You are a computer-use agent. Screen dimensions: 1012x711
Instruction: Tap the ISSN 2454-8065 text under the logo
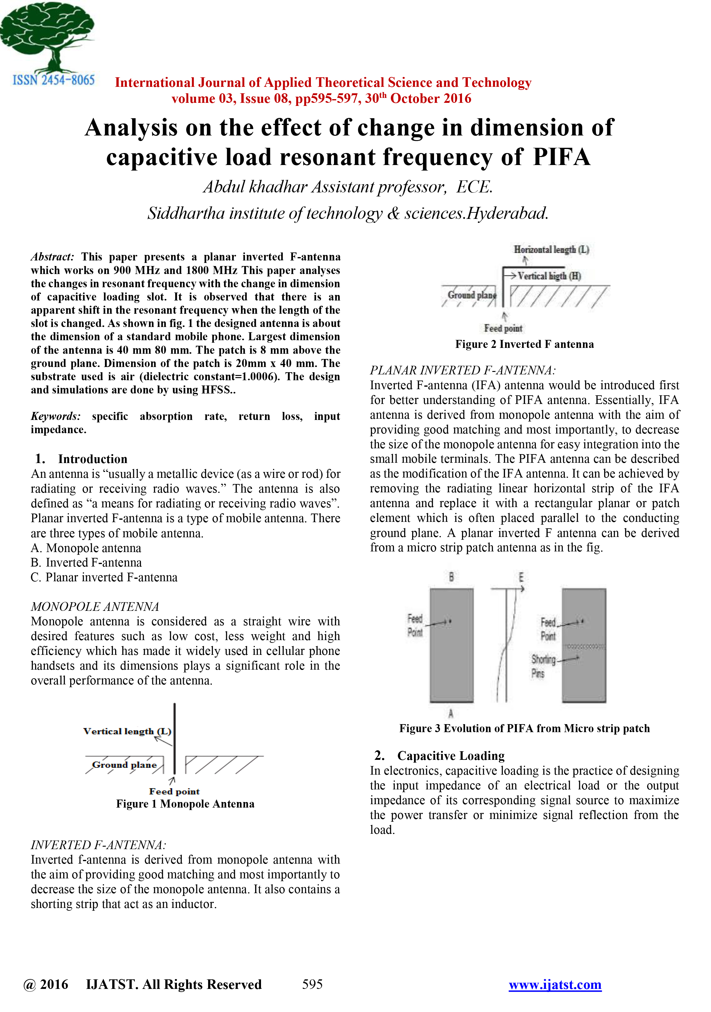pos(53,80)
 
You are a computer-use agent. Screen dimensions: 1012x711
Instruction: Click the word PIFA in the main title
pos(561,157)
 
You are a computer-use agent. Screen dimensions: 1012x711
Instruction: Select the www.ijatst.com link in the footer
pos(555,984)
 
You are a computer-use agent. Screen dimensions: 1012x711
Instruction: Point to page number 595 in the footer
pos(312,984)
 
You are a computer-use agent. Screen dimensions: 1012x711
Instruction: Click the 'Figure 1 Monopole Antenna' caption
pos(185,804)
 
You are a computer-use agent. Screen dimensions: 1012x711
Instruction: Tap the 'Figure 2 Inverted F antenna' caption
pos(524,344)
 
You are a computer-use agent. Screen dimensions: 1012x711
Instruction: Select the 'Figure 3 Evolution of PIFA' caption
pos(524,728)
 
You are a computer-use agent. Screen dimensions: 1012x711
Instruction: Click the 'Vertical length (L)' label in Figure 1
pos(127,731)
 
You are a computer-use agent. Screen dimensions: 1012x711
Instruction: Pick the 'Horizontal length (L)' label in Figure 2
pos(551,249)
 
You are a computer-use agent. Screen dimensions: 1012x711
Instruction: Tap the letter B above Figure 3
pos(451,577)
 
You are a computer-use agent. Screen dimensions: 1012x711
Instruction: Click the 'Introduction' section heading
pos(93,459)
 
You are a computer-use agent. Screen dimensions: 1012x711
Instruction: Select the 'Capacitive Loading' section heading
pos(451,756)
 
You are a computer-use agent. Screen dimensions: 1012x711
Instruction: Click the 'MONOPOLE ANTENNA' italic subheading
pos(95,607)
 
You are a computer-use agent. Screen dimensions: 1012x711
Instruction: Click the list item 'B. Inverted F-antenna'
pos(86,562)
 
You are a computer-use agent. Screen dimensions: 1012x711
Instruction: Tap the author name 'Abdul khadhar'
pos(255,187)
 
